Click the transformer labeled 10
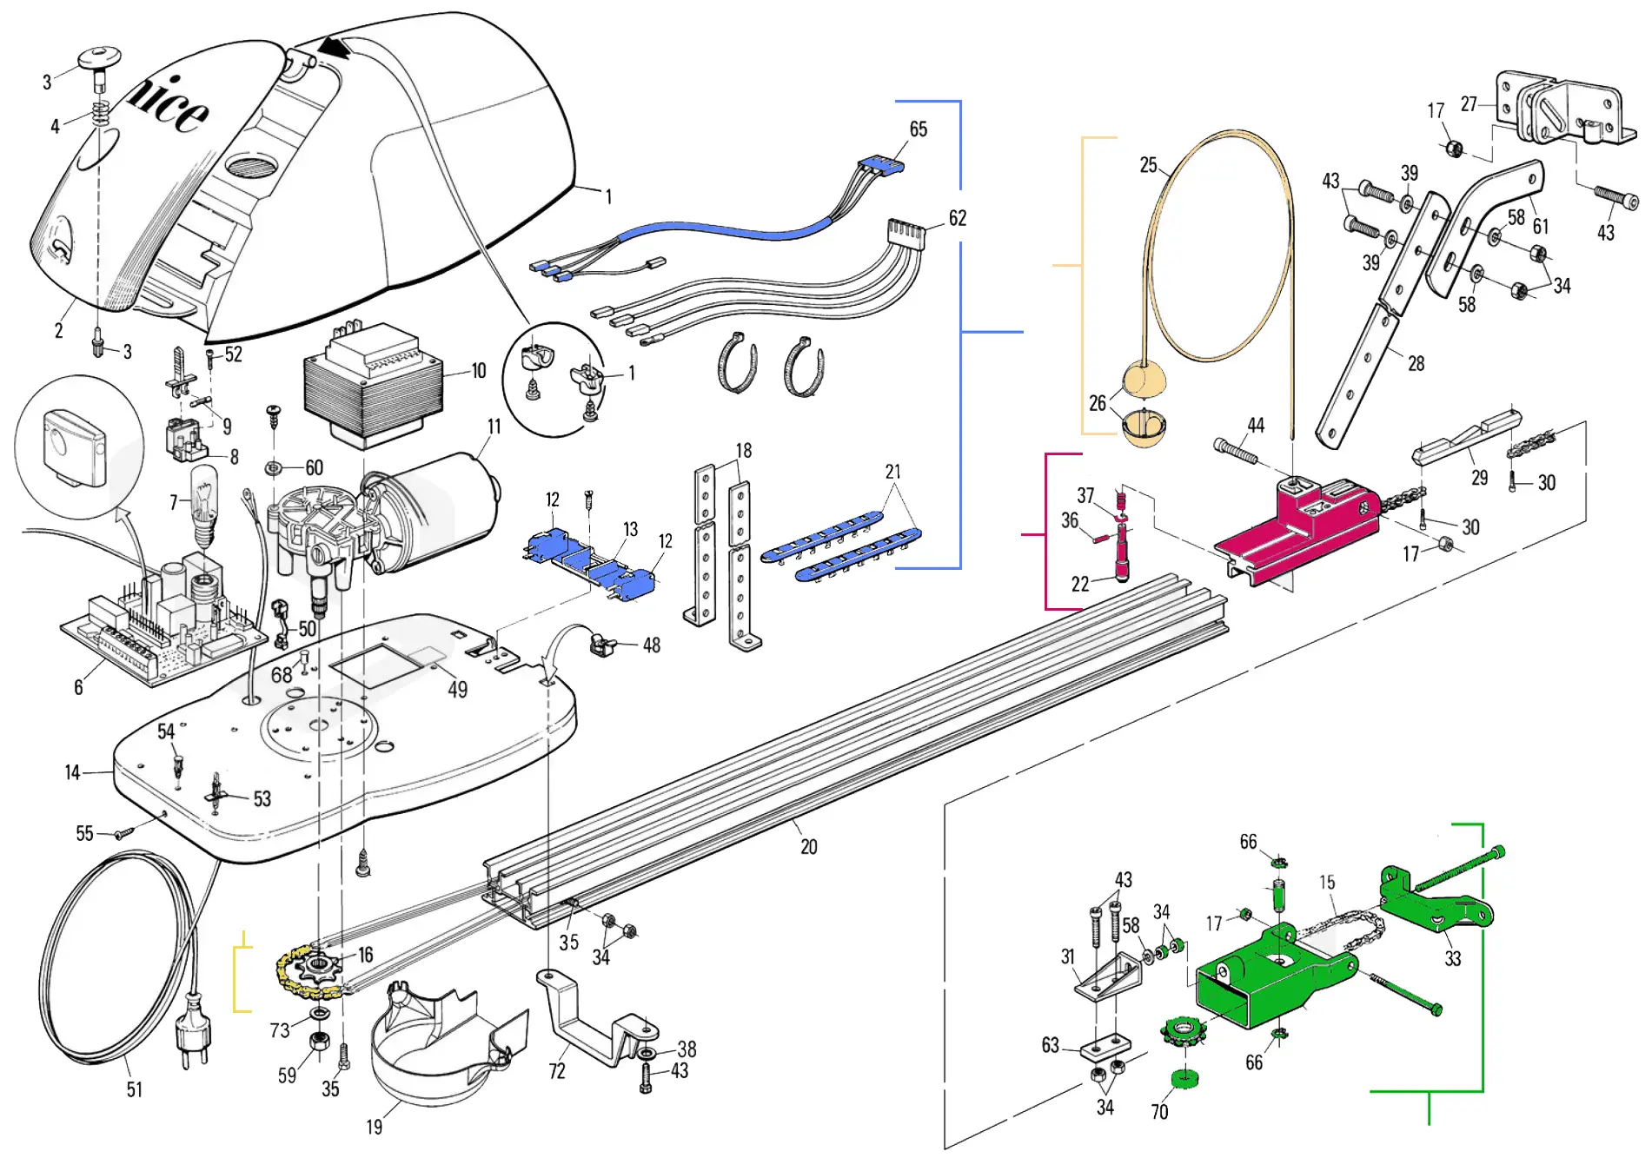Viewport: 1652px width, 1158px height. [374, 391]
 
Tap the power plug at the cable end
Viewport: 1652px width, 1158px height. [194, 1038]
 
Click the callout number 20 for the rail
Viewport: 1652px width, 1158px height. [809, 847]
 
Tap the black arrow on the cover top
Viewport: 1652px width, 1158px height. [335, 47]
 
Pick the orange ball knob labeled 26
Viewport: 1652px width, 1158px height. [1144, 380]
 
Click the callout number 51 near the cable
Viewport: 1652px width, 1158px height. [135, 1089]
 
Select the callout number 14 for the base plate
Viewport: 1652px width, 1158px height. [72, 772]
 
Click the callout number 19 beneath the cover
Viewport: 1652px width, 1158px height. [374, 1127]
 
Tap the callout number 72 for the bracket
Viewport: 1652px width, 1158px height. [557, 1071]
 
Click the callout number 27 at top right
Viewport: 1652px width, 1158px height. [1469, 104]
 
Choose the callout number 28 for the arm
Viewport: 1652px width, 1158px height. [1416, 364]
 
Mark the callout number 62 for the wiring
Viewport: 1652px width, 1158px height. [957, 218]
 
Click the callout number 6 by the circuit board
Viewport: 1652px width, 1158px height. [78, 687]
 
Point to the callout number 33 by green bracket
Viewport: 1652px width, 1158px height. [1452, 958]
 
